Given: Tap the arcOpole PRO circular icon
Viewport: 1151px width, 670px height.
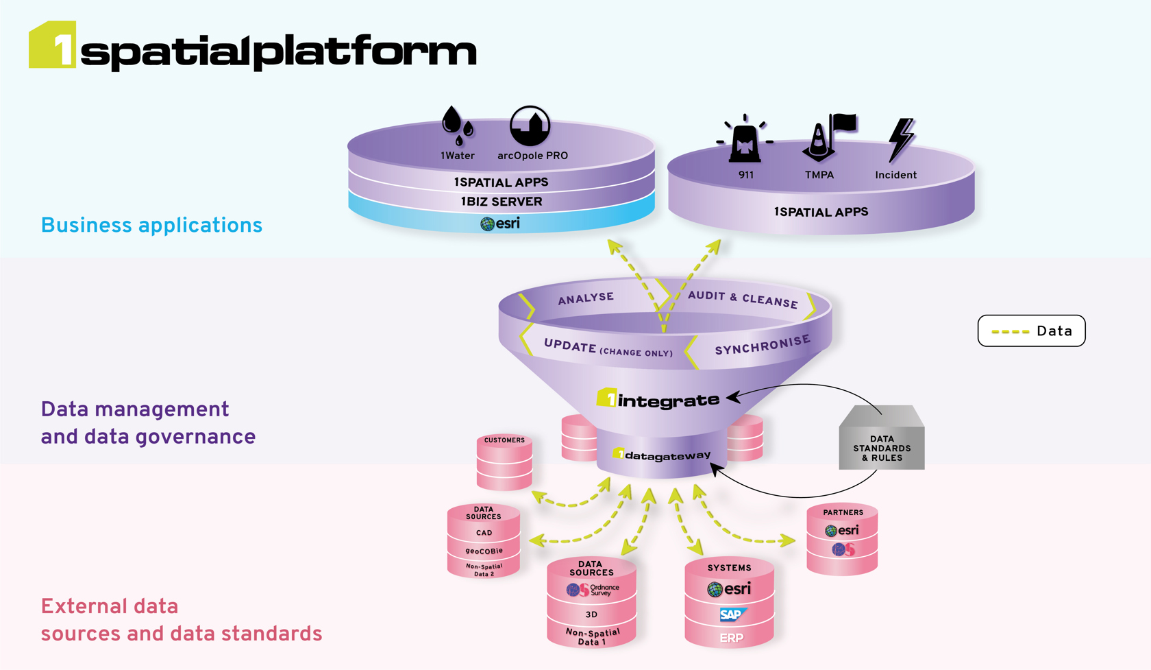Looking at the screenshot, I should click(x=530, y=125).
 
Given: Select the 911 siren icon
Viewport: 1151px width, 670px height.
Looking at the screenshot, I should click(x=745, y=139).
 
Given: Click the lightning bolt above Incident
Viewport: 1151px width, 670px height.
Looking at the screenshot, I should click(x=900, y=139).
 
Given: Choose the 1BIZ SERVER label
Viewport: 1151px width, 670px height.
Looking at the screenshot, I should click(x=502, y=202).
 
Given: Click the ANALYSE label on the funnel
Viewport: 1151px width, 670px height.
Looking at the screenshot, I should click(x=586, y=298).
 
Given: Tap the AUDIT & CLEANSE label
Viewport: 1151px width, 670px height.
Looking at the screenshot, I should click(x=743, y=299).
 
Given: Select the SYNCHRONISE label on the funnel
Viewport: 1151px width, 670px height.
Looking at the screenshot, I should click(x=762, y=346).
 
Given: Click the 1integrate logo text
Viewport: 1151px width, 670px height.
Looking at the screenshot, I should click(x=658, y=399).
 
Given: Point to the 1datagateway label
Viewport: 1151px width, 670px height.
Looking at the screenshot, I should click(x=661, y=455).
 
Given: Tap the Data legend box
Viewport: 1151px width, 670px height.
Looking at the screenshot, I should click(x=1031, y=331).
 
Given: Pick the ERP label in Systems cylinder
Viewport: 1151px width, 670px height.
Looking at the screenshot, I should click(x=731, y=638).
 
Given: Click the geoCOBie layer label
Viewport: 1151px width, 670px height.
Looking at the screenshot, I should click(x=484, y=551).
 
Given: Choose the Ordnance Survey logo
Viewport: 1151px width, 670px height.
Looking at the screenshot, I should click(x=593, y=590).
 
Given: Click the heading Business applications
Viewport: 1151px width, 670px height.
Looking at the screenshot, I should click(x=151, y=225).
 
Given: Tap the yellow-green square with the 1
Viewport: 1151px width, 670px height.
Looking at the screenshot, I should click(x=52, y=45).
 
